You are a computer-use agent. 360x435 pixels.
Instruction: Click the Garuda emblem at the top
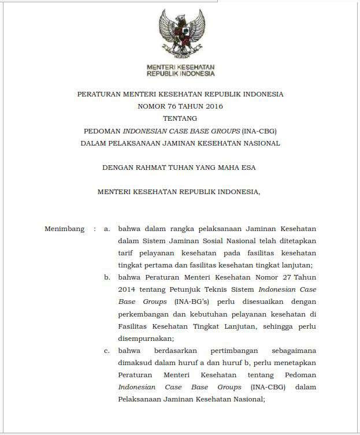coord(180,35)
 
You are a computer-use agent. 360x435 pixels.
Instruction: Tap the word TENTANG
coord(180,118)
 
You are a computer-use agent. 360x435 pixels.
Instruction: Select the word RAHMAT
coord(157,168)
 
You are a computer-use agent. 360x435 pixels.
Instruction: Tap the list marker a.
coord(107,229)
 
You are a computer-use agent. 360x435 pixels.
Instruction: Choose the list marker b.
coord(107,277)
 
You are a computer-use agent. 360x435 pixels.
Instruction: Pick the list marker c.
coord(107,351)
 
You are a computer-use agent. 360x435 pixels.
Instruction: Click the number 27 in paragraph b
coord(279,277)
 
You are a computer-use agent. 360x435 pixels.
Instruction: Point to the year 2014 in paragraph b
coord(127,289)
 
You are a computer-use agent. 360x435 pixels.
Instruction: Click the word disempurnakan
coord(144,339)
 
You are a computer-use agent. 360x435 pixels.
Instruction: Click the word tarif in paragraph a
coord(126,253)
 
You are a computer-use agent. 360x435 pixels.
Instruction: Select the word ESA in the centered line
coord(248,168)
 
